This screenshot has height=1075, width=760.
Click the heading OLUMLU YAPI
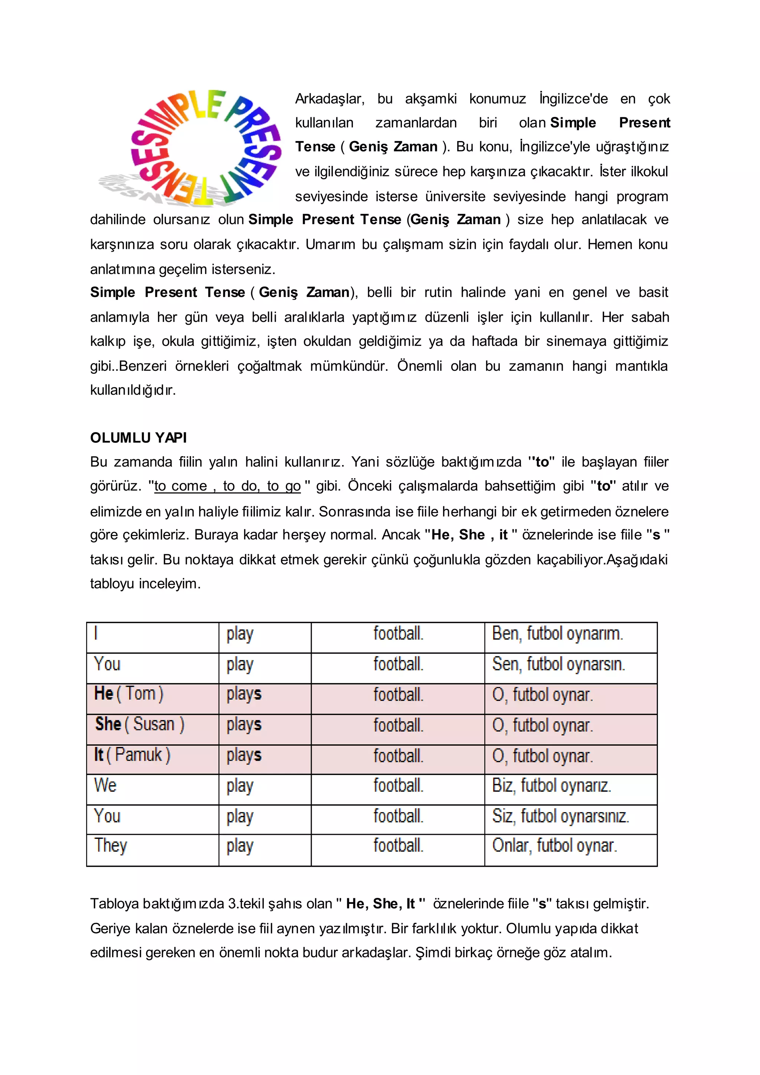click(138, 438)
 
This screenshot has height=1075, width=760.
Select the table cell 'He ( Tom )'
click(129, 693)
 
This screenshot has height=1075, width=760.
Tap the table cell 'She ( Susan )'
click(140, 724)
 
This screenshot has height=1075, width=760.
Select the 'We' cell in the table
click(105, 785)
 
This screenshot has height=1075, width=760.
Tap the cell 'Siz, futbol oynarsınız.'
click(560, 816)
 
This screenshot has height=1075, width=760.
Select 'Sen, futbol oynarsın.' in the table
click(558, 664)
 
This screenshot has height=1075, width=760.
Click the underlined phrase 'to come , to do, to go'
click(227, 486)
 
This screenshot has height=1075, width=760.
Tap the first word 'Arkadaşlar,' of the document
click(329, 99)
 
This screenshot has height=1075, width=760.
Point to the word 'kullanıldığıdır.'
click(133, 390)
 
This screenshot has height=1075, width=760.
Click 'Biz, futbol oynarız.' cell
click(551, 785)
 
